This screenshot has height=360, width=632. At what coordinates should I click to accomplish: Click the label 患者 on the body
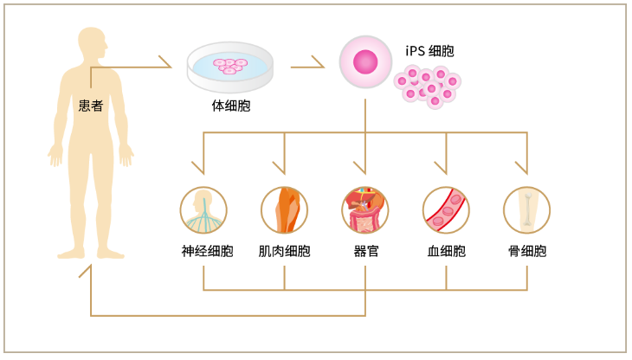pos(91,106)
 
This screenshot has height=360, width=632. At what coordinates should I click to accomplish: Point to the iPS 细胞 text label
pos(429,51)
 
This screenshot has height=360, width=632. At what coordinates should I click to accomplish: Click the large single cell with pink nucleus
pos(365,61)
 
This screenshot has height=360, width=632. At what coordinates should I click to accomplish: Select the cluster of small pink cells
pos(428,87)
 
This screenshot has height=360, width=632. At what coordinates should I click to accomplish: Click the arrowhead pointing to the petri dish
pos(164,62)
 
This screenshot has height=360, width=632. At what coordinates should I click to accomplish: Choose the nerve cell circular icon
pos(203,210)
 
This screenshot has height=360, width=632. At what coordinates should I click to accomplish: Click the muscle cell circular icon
pos(284,210)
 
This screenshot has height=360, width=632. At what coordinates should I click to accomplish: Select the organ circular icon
pos(365,210)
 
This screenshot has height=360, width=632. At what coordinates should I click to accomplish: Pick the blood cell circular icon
pos(446,210)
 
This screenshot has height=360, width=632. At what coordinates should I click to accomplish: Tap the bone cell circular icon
pos(526,210)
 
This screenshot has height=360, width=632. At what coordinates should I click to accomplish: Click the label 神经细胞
pos(203,252)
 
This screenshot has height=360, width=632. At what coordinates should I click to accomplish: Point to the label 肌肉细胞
pos(284,252)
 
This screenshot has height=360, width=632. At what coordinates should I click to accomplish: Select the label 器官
pos(365,252)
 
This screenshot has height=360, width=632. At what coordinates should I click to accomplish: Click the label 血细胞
pos(446,252)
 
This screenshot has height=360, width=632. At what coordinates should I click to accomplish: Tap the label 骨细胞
pos(526,252)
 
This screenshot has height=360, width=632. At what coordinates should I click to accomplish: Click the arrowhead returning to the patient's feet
pos(85,271)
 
